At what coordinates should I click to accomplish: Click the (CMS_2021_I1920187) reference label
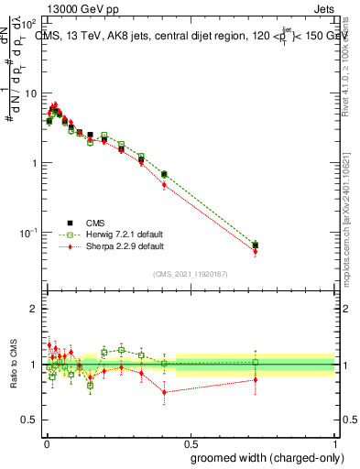191,273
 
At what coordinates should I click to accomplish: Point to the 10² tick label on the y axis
28,25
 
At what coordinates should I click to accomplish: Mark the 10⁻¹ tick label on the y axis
27,232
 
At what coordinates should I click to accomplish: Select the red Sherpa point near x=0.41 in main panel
164,185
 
